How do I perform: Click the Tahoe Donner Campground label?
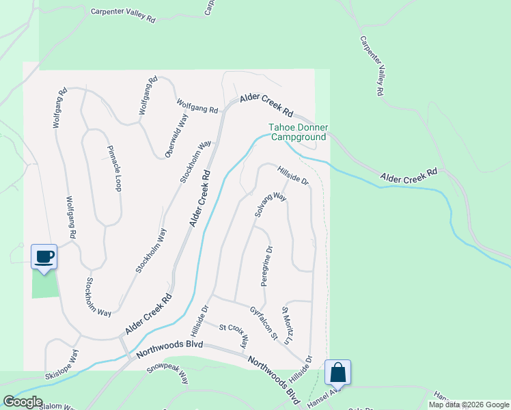298,133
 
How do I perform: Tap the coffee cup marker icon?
44,257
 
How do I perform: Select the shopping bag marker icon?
337,373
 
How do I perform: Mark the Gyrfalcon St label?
264,324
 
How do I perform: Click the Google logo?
22,402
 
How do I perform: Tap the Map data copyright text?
468,405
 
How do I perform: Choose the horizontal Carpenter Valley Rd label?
123,15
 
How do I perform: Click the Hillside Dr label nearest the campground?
293,174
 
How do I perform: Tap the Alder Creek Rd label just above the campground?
267,106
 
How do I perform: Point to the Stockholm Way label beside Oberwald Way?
195,162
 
